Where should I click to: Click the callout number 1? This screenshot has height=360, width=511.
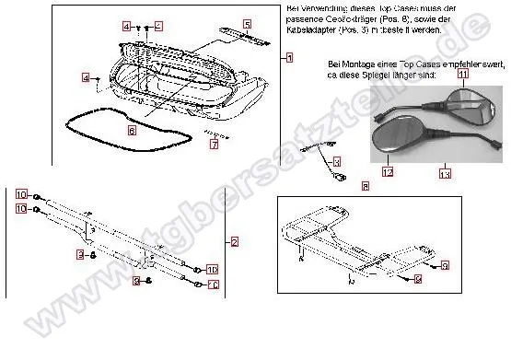[288, 58]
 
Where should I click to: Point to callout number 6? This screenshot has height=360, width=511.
[132, 132]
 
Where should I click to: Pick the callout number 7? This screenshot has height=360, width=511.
[214, 144]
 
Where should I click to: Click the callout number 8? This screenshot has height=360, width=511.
[366, 186]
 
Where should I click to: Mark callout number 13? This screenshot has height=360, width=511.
[444, 173]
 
